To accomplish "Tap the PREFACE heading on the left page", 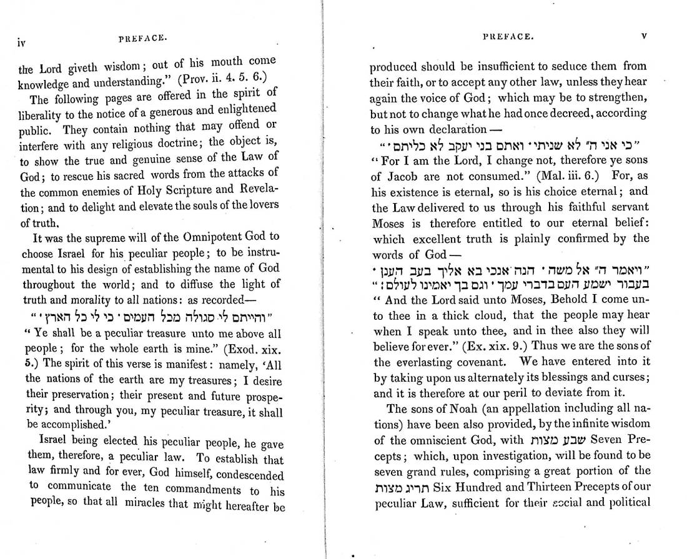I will coord(142,38).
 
